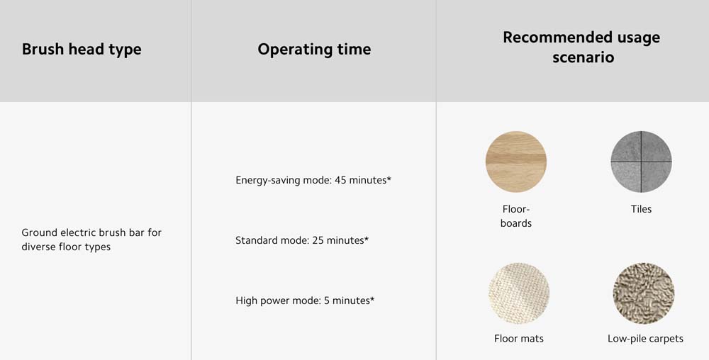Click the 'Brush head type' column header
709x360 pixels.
point(82,49)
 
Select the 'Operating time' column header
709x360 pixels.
point(314,49)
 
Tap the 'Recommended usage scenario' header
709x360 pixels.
point(581,47)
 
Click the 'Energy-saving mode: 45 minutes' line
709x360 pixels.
point(313,180)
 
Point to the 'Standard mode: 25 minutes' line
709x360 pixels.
point(302,240)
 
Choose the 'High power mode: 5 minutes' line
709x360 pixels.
point(305,300)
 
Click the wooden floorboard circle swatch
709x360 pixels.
point(516,162)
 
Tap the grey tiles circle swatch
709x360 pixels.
point(641,162)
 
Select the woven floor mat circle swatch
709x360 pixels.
point(519,293)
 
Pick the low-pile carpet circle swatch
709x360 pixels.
point(644,293)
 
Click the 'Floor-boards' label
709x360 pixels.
point(516,216)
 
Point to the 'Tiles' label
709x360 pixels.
point(641,209)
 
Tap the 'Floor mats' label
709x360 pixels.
point(519,339)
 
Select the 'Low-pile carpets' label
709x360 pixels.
point(645,339)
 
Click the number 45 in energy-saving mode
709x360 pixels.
point(340,180)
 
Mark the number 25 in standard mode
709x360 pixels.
point(318,240)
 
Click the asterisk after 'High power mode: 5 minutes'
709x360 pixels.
point(372,298)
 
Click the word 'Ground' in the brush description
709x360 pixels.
point(39,232)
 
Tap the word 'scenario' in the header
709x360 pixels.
point(584,57)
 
